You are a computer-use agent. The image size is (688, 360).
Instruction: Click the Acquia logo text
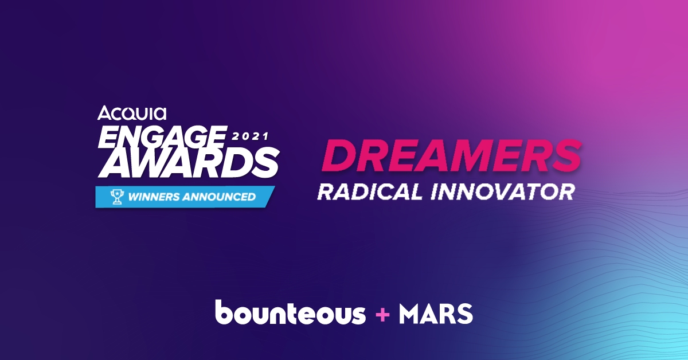click(132, 113)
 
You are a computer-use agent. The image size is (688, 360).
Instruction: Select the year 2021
click(250, 136)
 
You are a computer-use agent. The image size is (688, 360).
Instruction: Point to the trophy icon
click(117, 197)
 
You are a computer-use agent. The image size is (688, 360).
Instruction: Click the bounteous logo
click(290, 312)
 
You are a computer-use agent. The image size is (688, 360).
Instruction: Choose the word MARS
click(436, 314)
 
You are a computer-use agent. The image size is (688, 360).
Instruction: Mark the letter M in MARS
click(411, 314)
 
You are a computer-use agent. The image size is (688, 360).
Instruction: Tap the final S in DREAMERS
click(564, 155)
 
